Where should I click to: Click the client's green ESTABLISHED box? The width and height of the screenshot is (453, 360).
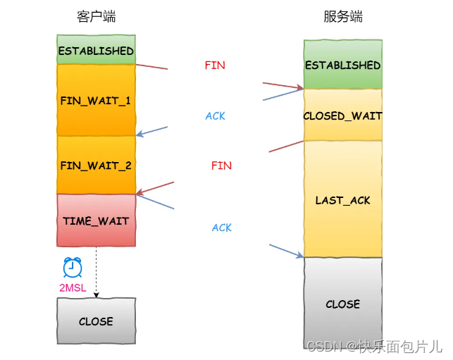point(96,51)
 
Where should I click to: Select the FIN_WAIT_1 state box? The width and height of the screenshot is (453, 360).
point(96,100)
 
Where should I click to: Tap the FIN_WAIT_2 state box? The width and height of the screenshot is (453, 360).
point(96,166)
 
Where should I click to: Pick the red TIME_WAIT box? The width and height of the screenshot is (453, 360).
point(96,221)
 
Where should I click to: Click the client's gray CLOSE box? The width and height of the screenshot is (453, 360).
point(96,321)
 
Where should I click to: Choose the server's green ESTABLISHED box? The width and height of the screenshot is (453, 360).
point(342,65)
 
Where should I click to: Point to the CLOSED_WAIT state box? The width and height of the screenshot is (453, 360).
point(342,116)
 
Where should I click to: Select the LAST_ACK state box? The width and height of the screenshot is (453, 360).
point(342,200)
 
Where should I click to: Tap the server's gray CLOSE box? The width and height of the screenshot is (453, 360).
point(342,304)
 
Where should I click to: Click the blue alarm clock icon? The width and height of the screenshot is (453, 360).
point(73,268)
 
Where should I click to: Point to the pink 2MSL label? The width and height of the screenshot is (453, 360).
point(73,288)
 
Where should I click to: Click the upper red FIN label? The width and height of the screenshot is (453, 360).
point(215,66)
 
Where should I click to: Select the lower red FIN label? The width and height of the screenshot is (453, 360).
point(221,166)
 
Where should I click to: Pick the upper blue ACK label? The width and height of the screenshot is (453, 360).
point(215,116)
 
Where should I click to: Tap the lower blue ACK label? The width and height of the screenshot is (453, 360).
point(221,228)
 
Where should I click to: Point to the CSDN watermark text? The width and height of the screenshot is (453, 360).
point(374,346)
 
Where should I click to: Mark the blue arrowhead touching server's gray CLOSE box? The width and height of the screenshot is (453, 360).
point(300,255)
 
